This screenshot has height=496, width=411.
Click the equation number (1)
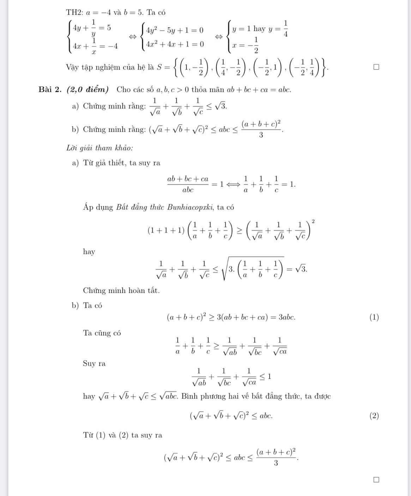[x=374, y=317]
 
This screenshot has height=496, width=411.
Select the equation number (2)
[x=374, y=416]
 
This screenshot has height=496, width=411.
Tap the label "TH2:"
[x=74, y=13]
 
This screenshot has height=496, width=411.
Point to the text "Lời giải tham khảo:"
[x=99, y=148]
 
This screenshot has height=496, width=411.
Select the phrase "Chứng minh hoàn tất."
[x=121, y=290]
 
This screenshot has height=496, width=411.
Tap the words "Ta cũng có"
[x=102, y=333]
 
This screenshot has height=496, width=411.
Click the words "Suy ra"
[x=94, y=363]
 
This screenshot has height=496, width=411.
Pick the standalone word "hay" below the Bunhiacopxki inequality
[x=89, y=252]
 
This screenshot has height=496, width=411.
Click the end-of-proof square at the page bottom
[x=376, y=479]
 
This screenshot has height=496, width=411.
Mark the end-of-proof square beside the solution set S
[x=376, y=67]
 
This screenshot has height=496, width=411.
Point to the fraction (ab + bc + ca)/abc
[x=188, y=184]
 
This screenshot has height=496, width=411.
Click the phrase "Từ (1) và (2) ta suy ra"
[x=122, y=435]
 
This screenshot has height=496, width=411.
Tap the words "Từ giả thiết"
[x=104, y=163]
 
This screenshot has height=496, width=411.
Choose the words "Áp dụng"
[x=98, y=207]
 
